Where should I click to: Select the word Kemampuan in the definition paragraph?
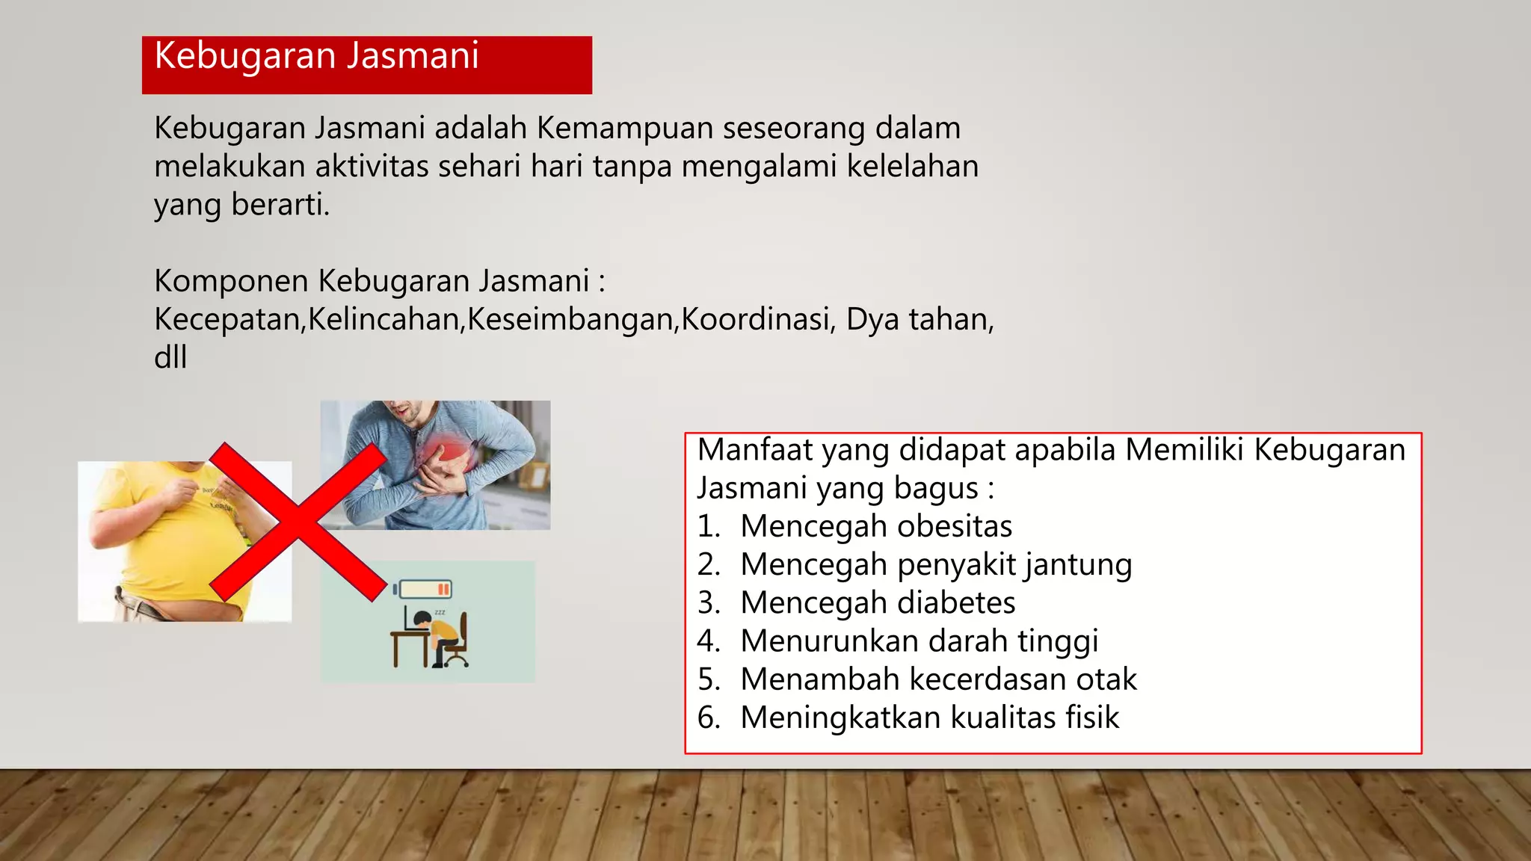pos(625,129)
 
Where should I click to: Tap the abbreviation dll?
pos(170,357)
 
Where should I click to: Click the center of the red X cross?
pos(298,522)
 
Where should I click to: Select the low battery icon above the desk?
pos(424,590)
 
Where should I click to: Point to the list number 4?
pos(707,641)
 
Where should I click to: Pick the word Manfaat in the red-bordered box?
pos(754,450)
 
